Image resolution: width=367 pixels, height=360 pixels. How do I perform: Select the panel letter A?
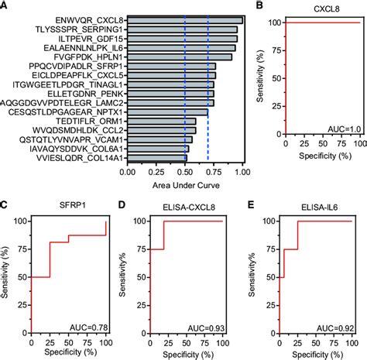point(5,6)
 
